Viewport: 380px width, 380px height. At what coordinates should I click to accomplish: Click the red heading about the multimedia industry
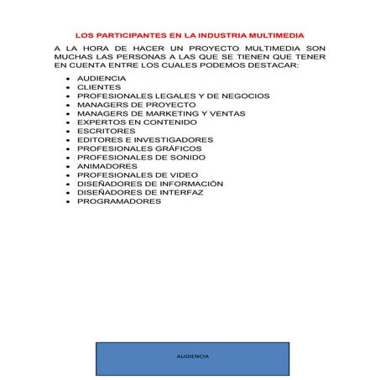click(190, 36)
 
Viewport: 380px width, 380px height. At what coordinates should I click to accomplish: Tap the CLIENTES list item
click(98, 86)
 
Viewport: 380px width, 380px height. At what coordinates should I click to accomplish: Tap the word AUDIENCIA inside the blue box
click(193, 357)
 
